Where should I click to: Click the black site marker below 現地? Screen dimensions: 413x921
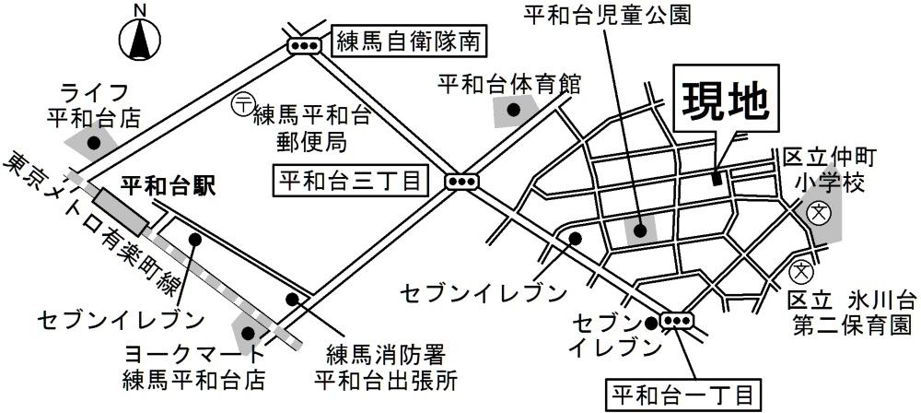point(717,178)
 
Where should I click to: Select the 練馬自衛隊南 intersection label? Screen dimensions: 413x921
point(410,42)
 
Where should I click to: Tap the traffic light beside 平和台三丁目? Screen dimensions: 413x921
point(461,182)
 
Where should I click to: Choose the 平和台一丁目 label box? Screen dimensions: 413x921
point(682,396)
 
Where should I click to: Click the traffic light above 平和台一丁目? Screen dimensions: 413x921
point(677,322)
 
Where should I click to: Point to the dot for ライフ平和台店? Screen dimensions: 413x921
point(93,142)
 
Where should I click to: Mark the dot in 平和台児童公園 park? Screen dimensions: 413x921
point(639,230)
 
